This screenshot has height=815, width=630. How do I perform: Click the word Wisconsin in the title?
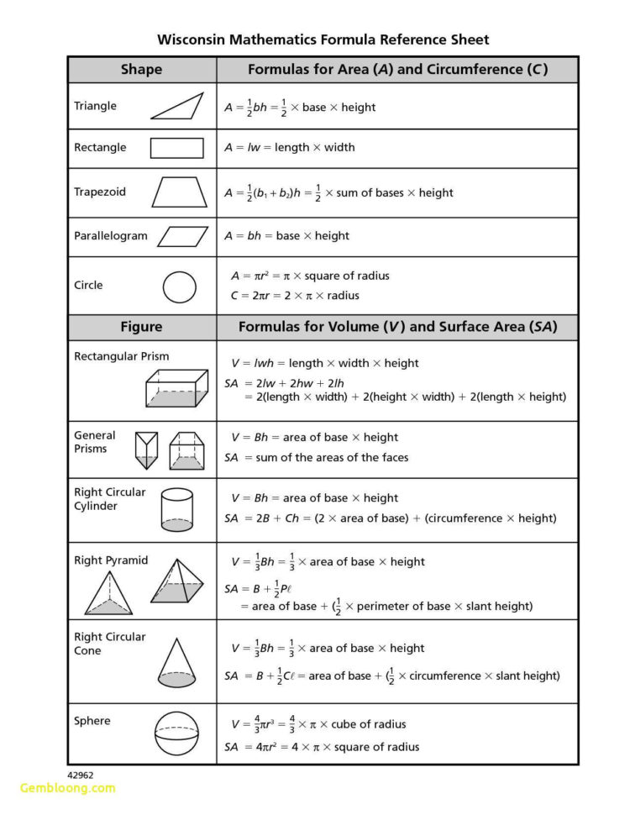pos(194,39)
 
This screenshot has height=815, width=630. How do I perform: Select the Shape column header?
pos(141,70)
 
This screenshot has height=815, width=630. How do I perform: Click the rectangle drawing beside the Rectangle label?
pos(176,148)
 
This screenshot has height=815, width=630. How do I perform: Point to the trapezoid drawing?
pos(179,192)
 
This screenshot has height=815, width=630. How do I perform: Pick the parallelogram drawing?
pos(182,236)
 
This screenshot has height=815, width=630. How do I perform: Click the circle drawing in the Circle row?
pos(179,287)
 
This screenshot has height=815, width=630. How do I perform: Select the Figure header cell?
pos(141,327)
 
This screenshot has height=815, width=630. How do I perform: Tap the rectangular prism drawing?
pos(176,388)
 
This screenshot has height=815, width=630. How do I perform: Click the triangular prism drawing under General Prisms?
pos(146,450)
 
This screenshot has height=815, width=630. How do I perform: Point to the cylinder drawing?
pos(176,510)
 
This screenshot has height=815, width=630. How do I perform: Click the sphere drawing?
pos(176,733)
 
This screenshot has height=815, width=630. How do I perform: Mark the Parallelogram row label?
pos(110,236)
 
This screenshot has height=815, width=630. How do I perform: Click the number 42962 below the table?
pos(81,774)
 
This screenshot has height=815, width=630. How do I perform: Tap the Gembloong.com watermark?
pos(67,788)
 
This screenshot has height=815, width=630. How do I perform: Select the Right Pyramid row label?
pos(111,560)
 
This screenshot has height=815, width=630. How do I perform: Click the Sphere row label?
pos(92,721)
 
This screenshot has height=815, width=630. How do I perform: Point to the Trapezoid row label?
pos(100,192)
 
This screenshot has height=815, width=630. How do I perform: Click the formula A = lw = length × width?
pos(289,148)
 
